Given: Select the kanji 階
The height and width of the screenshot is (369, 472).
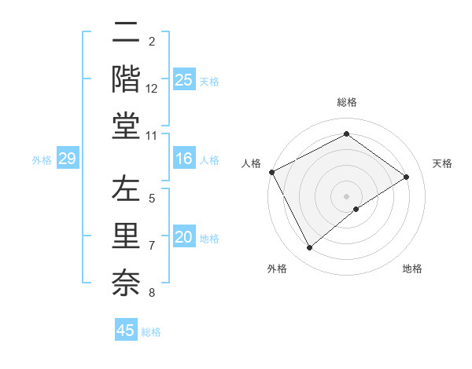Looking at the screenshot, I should (x=126, y=79).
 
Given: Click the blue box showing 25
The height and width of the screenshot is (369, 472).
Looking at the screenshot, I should (x=183, y=79).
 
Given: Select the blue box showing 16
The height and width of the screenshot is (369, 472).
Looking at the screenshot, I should (x=183, y=159).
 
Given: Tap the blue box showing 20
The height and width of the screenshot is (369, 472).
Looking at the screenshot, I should (x=183, y=237).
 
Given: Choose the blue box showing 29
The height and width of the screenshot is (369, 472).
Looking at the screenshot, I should (x=67, y=159).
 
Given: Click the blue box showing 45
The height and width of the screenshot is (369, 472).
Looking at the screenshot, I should (x=126, y=331).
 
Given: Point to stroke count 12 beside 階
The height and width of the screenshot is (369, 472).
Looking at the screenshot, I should (x=152, y=89).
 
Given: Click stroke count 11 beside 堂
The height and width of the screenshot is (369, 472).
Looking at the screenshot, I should (x=152, y=137).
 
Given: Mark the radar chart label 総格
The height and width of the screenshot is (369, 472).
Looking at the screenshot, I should (x=347, y=103).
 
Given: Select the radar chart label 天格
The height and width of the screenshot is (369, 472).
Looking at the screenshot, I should (x=442, y=163).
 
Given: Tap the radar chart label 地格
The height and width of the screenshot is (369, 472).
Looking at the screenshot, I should (x=412, y=269).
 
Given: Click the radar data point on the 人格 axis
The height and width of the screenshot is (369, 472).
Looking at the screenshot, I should (x=271, y=172).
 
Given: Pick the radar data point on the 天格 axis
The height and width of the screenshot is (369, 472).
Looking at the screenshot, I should (x=407, y=177).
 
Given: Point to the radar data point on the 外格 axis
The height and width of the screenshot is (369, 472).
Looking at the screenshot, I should (x=309, y=248).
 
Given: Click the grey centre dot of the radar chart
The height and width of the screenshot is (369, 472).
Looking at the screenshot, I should (x=347, y=195).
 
